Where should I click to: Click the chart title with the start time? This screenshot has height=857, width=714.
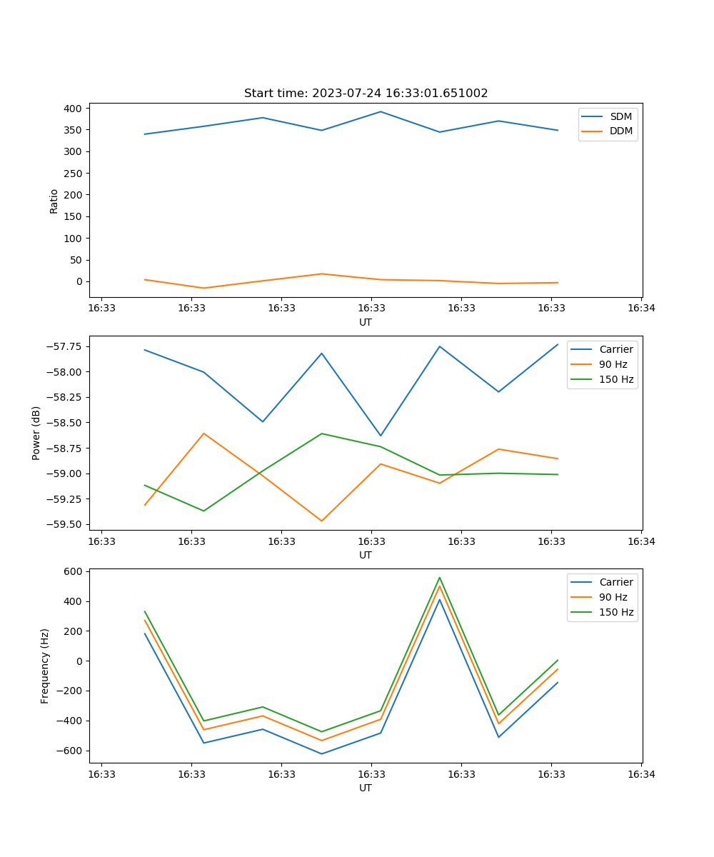[366, 94]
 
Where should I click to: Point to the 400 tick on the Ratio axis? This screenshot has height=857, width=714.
[71, 109]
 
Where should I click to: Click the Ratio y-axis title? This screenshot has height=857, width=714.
[54, 201]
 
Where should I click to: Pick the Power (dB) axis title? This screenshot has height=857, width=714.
[36, 433]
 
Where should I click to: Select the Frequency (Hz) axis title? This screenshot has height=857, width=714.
[45, 666]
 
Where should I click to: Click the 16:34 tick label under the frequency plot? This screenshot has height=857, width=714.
[641, 773]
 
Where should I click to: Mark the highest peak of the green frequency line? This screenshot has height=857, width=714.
[440, 578]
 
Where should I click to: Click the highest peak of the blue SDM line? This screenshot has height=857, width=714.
[381, 111]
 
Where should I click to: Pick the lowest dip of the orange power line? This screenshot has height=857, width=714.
[321, 521]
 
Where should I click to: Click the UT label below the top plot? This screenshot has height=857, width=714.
[366, 322]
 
